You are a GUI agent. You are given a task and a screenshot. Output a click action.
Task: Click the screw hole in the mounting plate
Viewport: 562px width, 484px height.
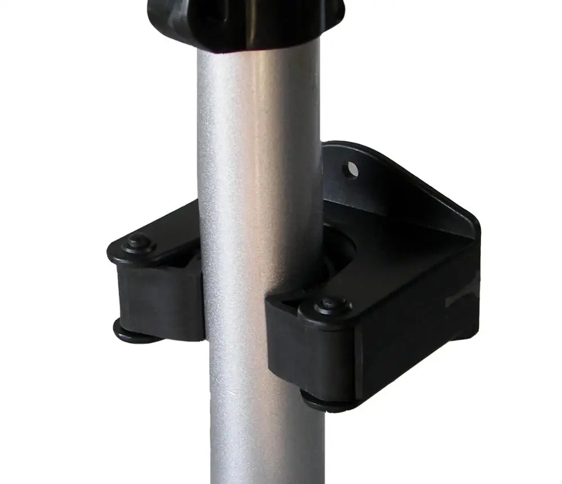coord(352,168)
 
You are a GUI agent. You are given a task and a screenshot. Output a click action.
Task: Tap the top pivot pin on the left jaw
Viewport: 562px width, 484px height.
coord(137,243)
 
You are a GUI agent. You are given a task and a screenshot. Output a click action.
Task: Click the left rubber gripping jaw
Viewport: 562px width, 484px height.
coord(160,301)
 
